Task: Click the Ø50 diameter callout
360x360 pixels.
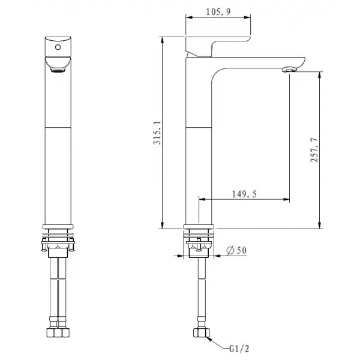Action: pos(237,251)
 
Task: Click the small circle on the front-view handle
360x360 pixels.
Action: pos(58,46)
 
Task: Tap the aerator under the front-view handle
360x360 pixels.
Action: pos(58,71)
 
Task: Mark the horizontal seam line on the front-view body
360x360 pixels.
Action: pos(58,127)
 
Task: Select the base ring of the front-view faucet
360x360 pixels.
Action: pos(58,227)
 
